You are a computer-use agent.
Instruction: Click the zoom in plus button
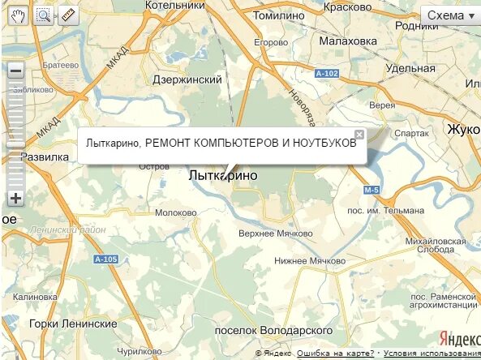pyautogui.click(x=15, y=198)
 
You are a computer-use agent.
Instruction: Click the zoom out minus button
pyautogui.click(x=15, y=71)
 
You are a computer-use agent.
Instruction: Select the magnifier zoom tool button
pyautogui.click(x=43, y=15)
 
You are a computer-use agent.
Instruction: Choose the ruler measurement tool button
pyautogui.click(x=67, y=15)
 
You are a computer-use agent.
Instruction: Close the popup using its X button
pyautogui.click(x=359, y=135)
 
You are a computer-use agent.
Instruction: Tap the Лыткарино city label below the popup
pyautogui.click(x=222, y=175)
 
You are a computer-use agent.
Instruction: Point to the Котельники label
pyautogui.click(x=174, y=6)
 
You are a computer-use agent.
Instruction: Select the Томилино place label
pyautogui.click(x=278, y=15)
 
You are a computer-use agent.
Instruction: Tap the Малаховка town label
pyautogui.click(x=348, y=41)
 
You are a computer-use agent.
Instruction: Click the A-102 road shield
pyautogui.click(x=326, y=74)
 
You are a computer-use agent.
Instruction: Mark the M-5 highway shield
pyautogui.click(x=371, y=190)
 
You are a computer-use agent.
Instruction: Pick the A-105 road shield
pyautogui.click(x=105, y=259)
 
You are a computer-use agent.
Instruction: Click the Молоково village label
pyautogui.click(x=176, y=212)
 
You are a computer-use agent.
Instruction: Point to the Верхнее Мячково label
pyautogui.click(x=276, y=234)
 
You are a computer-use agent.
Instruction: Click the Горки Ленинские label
pyautogui.click(x=73, y=324)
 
